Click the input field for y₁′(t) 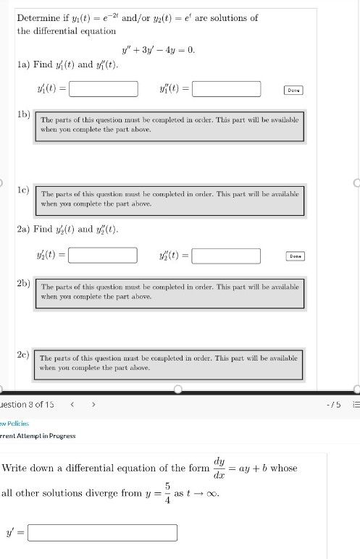(104, 89)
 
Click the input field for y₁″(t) (226, 89)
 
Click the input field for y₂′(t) (103, 256)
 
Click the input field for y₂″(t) (226, 256)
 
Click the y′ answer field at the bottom (102, 533)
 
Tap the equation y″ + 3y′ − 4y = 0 (159, 51)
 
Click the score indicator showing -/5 (334, 404)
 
